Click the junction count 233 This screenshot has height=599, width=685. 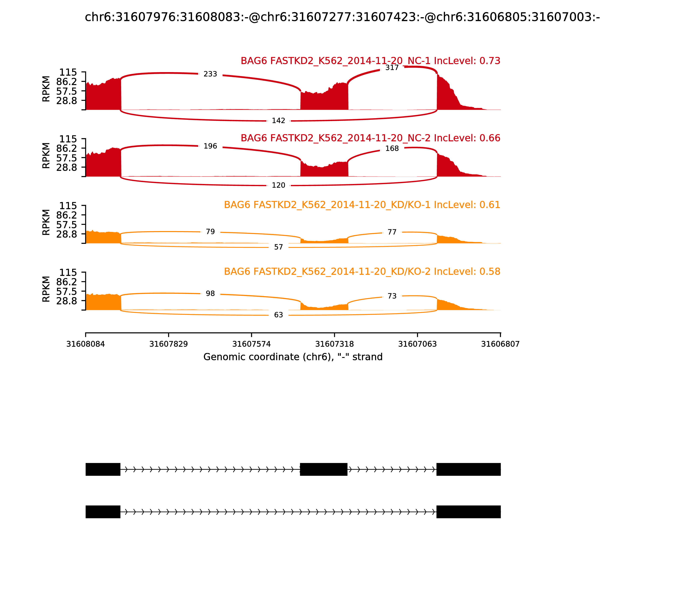click(x=210, y=74)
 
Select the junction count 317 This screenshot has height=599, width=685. click(x=392, y=68)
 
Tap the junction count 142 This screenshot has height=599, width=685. click(x=278, y=121)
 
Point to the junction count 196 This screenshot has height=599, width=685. click(x=210, y=146)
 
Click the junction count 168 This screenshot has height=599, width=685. click(x=392, y=148)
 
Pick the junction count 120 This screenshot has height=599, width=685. click(x=278, y=185)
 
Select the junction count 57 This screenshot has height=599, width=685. click(x=278, y=247)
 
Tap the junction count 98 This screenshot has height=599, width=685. click(x=210, y=294)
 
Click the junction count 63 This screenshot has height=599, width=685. click(x=278, y=315)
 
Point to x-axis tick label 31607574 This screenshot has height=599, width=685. click(x=251, y=344)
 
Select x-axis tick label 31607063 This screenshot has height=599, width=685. click(x=417, y=344)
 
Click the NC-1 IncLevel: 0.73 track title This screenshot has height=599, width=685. click(x=370, y=61)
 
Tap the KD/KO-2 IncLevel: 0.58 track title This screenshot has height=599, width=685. click(x=362, y=271)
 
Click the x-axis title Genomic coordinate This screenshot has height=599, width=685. click(x=293, y=357)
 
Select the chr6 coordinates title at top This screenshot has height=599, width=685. click(x=342, y=17)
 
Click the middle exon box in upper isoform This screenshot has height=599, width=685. click(x=323, y=469)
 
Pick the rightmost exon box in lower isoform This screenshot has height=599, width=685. click(x=468, y=512)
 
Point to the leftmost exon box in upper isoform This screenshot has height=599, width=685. click(x=103, y=469)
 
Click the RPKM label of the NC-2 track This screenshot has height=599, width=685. click(x=46, y=156)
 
